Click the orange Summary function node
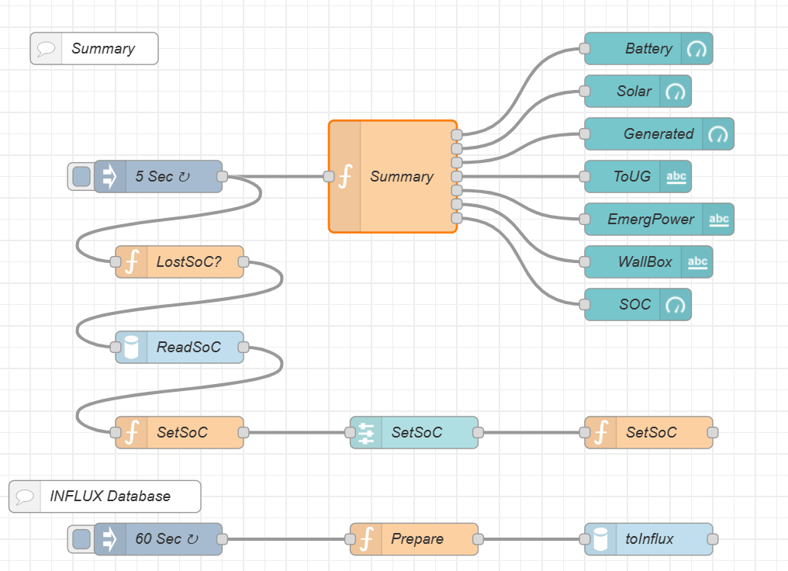tap(392, 176)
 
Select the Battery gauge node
tap(648, 49)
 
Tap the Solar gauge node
tap(638, 92)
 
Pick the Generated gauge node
tap(658, 134)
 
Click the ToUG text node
tap(638, 176)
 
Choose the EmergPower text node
tap(658, 219)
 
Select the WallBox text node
tap(648, 262)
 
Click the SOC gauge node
tap(638, 305)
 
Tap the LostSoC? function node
tap(179, 262)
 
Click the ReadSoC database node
tap(179, 348)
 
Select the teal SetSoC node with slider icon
tap(414, 432)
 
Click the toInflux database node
tap(648, 539)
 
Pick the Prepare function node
tap(414, 539)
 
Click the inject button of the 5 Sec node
tap(81, 176)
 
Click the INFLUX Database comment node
tap(105, 497)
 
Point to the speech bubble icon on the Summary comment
tap(46, 49)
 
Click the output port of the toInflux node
tap(713, 539)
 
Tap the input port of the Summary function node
tap(329, 176)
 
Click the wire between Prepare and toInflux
tap(531, 539)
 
